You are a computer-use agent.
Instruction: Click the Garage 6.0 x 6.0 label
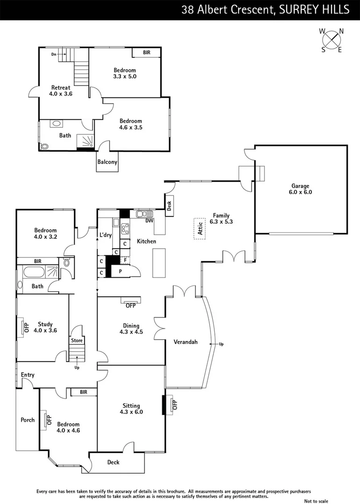pyautogui.click(x=300, y=189)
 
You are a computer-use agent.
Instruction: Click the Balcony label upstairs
pyautogui.click(x=107, y=162)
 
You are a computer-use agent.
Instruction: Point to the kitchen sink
pyautogui.click(x=141, y=214)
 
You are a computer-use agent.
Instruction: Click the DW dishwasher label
pyautogui.click(x=149, y=221)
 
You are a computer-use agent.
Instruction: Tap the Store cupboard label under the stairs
pyautogui.click(x=77, y=341)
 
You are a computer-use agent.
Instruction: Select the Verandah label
pyautogui.click(x=185, y=342)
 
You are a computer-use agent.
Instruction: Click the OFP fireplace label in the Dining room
pyautogui.click(x=130, y=306)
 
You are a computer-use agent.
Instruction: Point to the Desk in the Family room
pyautogui.click(x=169, y=204)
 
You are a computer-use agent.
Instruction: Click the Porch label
pyautogui.click(x=28, y=420)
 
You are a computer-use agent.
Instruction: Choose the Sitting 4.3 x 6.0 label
pyautogui.click(x=131, y=409)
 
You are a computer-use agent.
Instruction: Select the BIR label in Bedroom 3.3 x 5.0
pyautogui.click(x=147, y=53)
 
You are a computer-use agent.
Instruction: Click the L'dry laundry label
pyautogui.click(x=106, y=235)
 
